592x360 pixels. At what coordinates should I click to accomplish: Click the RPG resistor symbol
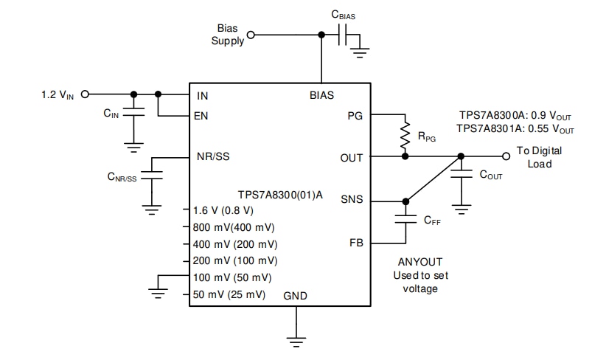[405, 135]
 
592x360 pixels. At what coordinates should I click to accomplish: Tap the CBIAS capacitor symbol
[342, 35]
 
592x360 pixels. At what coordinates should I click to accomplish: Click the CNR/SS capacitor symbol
[152, 177]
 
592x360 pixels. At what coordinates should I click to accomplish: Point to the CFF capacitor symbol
[405, 218]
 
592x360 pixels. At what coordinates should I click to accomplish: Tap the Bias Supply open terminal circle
[251, 35]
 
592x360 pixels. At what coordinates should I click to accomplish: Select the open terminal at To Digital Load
[506, 156]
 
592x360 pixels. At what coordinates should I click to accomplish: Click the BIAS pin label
[321, 95]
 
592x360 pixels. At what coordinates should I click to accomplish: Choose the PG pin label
[355, 116]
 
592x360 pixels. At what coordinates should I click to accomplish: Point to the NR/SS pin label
[212, 157]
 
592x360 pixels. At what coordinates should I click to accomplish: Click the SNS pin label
[352, 200]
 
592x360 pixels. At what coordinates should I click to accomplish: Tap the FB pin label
[355, 243]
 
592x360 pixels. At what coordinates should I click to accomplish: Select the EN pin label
[202, 116]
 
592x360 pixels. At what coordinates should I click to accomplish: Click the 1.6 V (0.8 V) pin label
[223, 210]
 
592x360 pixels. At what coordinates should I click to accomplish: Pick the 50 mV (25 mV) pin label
[229, 294]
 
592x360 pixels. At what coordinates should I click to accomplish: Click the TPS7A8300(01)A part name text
[279, 195]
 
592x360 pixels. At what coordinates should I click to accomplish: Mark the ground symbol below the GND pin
[296, 339]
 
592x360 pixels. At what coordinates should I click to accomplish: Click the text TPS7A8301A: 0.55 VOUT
[515, 128]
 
